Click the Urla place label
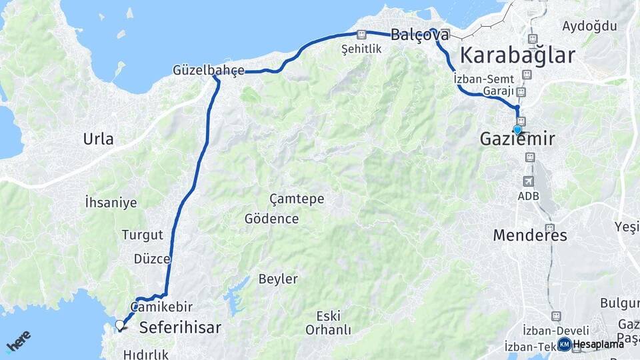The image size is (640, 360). coord(98,139)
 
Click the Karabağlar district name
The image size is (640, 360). coord(517,55)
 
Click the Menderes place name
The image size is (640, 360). coord(530,235)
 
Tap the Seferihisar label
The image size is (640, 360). coord(180,327)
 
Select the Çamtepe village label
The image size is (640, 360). coord(297,199)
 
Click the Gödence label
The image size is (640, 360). coord(271,219)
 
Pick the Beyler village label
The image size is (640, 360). coord(278,279)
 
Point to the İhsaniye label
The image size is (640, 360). coord(111,202)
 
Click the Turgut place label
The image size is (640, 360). coord(142,235)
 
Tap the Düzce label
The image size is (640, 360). coord(152,259)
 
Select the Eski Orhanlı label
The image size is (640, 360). coord(328,322)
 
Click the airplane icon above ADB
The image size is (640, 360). coord(529,181)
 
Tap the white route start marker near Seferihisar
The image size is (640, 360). coord(120,325)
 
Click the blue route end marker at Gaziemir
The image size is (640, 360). coord(517,129)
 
